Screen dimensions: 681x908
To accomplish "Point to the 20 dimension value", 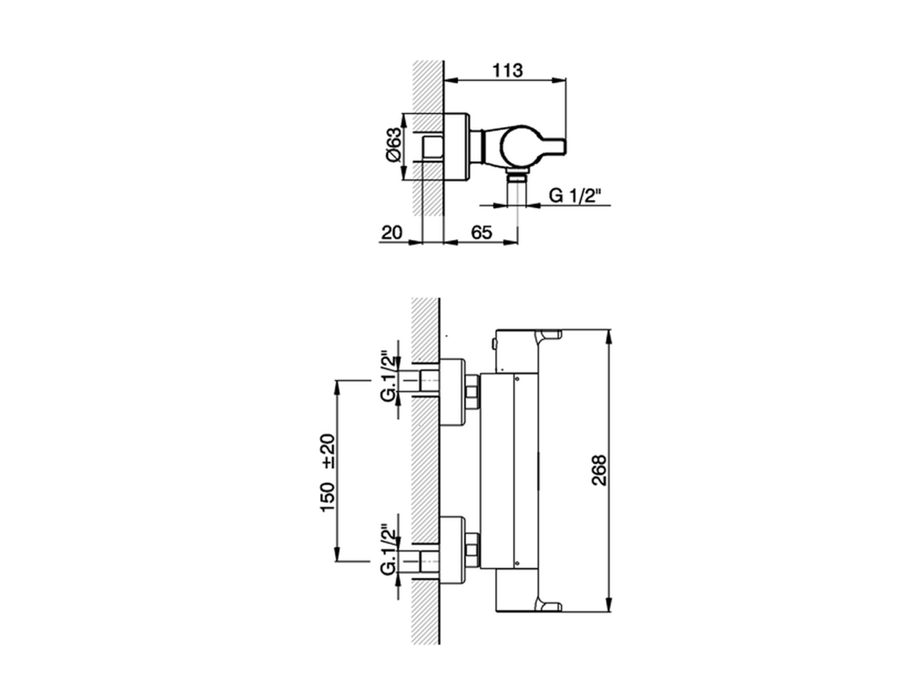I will (x=392, y=232).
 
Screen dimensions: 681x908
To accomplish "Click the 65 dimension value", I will (x=482, y=232).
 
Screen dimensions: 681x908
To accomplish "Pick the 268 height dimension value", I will (x=599, y=470).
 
